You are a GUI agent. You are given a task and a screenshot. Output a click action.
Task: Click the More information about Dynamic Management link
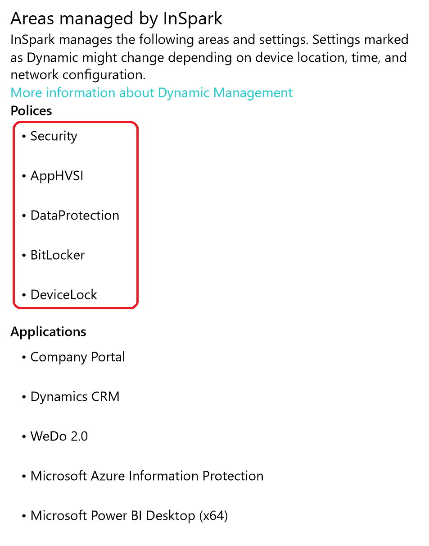[x=151, y=93]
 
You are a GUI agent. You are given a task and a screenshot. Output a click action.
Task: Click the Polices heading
[x=31, y=111]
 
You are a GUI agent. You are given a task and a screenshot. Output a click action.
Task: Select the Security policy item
[x=54, y=136]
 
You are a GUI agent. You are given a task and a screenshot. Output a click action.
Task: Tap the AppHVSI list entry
[x=57, y=176]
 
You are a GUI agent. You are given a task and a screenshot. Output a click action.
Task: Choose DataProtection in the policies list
[x=75, y=216]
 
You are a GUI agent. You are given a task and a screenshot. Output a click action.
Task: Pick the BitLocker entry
[x=58, y=255]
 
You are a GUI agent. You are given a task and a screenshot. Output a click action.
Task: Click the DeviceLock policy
[x=63, y=295]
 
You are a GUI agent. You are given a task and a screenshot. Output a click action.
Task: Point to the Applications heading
[x=48, y=332]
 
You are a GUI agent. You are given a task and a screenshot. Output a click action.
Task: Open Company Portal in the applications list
[x=77, y=357]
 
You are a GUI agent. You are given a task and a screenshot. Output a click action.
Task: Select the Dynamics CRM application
[x=75, y=397]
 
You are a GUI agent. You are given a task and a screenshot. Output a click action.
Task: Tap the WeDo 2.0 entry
[x=59, y=436]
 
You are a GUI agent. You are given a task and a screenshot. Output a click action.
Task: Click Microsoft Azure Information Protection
[x=147, y=476]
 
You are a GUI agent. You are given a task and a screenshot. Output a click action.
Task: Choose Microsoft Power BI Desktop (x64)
[x=129, y=516]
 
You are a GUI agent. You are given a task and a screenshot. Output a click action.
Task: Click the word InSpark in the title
[x=193, y=19]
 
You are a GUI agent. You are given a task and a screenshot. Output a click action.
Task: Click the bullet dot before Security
[x=24, y=137]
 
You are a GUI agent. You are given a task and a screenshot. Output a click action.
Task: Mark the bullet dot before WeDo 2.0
[x=24, y=437]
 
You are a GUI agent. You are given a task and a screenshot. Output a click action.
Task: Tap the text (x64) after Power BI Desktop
[x=213, y=516]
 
